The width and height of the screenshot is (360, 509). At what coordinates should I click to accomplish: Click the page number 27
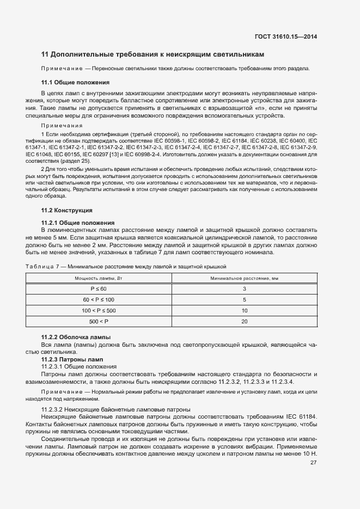pyautogui.click(x=314, y=463)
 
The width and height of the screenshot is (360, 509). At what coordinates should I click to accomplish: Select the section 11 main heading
pyautogui.click(x=153, y=54)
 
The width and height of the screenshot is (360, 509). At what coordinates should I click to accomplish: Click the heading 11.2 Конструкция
pyautogui.click(x=67, y=210)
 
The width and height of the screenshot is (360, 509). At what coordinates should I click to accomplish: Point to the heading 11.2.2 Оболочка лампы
pyautogui.click(x=76, y=337)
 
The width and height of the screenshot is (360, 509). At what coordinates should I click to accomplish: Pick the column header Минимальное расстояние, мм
pyautogui.click(x=245, y=278)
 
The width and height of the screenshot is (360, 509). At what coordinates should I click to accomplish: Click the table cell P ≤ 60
pyautogui.click(x=99, y=289)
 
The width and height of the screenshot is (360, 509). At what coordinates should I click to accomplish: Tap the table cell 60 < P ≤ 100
pyautogui.click(x=99, y=300)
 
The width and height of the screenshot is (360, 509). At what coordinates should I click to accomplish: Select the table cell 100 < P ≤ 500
pyautogui.click(x=99, y=311)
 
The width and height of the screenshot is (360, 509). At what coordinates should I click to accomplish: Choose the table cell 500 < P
pyautogui.click(x=99, y=322)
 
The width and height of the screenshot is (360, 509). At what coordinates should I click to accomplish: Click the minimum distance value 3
pyautogui.click(x=245, y=289)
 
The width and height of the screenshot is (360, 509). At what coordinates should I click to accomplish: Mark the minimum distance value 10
pyautogui.click(x=245, y=311)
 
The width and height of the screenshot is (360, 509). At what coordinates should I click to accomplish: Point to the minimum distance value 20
pyautogui.click(x=245, y=322)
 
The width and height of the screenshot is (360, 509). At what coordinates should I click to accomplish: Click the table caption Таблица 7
pyautogui.click(x=45, y=266)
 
